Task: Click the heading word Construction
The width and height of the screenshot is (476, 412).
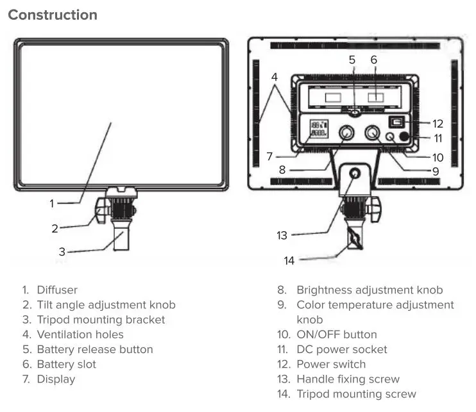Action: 53,15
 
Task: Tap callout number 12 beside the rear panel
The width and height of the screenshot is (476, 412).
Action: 438,124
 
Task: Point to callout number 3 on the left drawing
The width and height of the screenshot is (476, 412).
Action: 62,252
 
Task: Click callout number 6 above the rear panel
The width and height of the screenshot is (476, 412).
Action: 374,60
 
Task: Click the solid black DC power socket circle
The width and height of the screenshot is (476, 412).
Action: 405,136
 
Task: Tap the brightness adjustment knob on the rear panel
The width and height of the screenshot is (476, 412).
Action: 346,134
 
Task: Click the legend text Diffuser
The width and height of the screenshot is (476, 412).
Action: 57,290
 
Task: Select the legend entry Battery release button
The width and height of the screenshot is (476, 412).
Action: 94,349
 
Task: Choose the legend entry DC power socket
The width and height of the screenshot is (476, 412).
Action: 341,349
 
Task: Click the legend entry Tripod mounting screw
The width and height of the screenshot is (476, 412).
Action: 355,394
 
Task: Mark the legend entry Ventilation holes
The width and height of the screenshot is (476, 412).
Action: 80,334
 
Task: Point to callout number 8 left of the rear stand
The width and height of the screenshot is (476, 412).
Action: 282,170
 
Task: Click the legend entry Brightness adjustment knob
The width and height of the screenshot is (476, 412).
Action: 369,290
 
